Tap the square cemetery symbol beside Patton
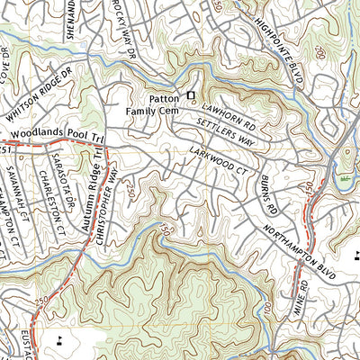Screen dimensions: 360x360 tap(190, 94)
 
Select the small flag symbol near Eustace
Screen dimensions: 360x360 tap(60, 339)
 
